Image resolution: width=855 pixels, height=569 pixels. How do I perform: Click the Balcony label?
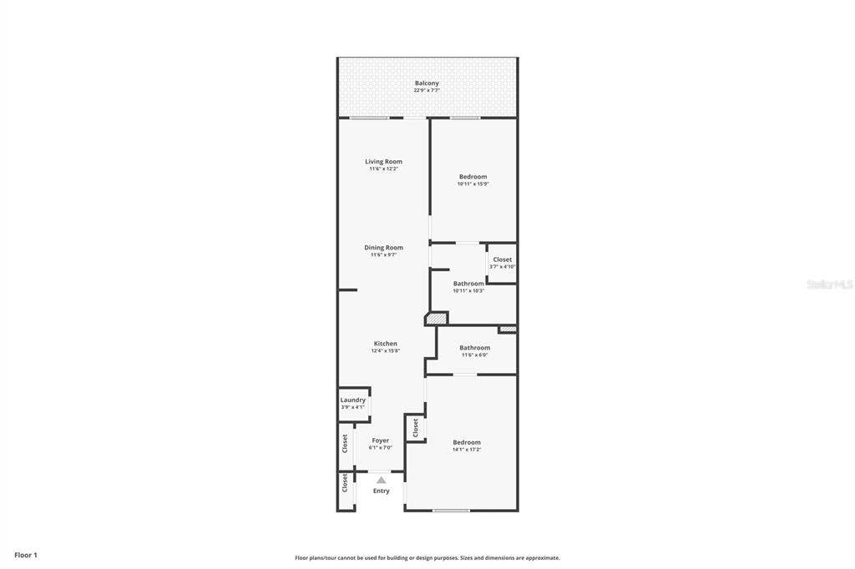pos(427,83)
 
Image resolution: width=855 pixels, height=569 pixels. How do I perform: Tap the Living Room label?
pos(383,162)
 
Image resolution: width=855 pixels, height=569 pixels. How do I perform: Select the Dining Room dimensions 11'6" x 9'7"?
pos(383,255)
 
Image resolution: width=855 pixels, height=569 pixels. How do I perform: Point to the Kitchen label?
pos(385,344)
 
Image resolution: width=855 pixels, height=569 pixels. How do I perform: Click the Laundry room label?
pos(352,400)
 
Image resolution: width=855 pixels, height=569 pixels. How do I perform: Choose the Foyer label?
pos(380,441)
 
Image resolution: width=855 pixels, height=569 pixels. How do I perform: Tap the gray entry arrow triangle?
pos(381,480)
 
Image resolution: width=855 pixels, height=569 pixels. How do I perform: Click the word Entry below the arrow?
pos(381,491)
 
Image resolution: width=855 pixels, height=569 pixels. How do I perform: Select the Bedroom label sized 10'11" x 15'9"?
pos(473,177)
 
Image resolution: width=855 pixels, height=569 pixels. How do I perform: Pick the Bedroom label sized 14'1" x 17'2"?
pos(467,442)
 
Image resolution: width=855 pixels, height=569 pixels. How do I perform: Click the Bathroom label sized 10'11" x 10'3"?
pos(468,284)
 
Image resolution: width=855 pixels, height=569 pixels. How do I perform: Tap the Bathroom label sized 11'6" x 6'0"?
pos(474,348)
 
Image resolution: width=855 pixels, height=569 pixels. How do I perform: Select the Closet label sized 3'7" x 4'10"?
pos(502,259)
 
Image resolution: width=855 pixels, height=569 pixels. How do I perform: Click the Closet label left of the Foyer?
pos(345,443)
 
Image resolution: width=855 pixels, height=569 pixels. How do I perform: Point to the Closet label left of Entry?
pos(345,482)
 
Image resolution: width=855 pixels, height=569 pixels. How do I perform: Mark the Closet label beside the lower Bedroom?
pos(415,427)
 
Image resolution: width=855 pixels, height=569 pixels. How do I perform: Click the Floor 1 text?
pos(26,555)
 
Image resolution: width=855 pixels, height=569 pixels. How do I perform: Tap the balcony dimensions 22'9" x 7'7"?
pos(427,91)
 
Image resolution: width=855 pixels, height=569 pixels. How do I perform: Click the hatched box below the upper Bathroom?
pos(436,318)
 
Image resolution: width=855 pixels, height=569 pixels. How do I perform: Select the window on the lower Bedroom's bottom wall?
pos(451,510)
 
